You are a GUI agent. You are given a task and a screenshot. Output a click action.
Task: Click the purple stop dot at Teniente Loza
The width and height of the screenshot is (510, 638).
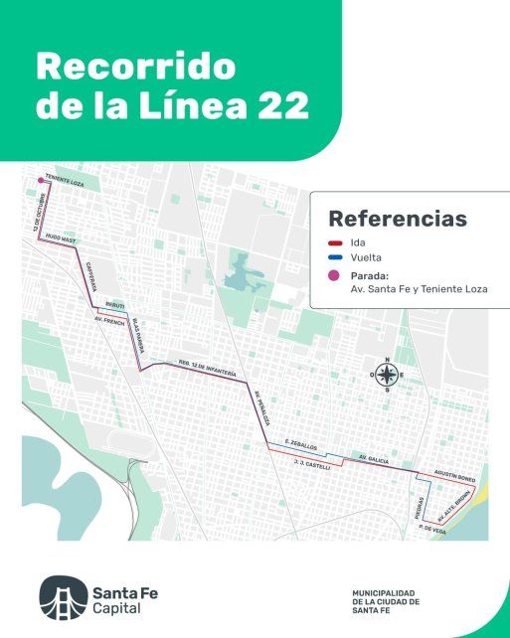click(41, 180)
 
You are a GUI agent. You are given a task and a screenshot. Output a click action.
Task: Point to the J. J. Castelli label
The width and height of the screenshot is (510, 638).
click(312, 464)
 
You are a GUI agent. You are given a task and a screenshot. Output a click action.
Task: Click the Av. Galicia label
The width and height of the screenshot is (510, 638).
click(373, 458)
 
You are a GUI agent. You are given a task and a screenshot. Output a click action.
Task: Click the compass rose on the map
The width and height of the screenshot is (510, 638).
click(388, 374)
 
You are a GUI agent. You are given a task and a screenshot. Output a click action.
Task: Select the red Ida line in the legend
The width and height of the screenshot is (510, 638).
click(336, 241)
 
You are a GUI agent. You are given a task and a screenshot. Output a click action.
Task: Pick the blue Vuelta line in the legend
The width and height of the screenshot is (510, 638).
click(336, 257)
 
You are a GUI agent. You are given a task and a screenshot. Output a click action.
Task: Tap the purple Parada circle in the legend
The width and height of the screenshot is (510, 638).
click(336, 275)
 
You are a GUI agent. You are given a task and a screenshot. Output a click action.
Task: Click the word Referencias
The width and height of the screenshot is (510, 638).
click(397, 218)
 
